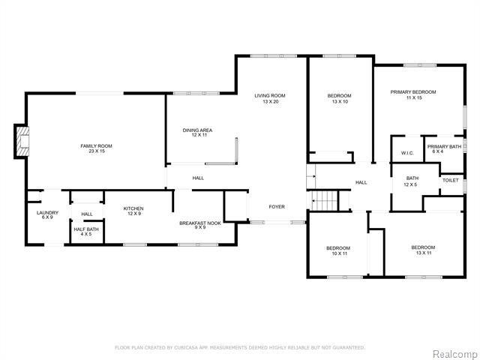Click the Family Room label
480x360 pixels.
[x=97, y=148]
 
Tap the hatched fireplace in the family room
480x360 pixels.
[x=23, y=142]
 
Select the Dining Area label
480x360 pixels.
[x=197, y=133]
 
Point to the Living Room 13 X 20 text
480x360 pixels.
[x=270, y=98]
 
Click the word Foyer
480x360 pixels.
[x=277, y=207]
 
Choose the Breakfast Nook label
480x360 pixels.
[x=200, y=225]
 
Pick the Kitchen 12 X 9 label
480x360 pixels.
[x=133, y=211]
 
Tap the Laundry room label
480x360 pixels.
[x=47, y=215]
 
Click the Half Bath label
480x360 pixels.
[x=86, y=232]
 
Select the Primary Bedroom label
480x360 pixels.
[x=413, y=95]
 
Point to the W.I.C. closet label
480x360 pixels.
[x=407, y=153]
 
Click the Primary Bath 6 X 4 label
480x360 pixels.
[x=444, y=149]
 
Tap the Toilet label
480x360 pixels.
[x=451, y=180]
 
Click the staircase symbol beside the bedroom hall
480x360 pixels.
[x=325, y=201]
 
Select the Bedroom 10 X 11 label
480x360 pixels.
[x=338, y=251]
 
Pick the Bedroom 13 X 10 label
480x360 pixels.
[x=340, y=98]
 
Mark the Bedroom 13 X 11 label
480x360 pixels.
[x=423, y=250]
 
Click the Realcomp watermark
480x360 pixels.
[x=455, y=354]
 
